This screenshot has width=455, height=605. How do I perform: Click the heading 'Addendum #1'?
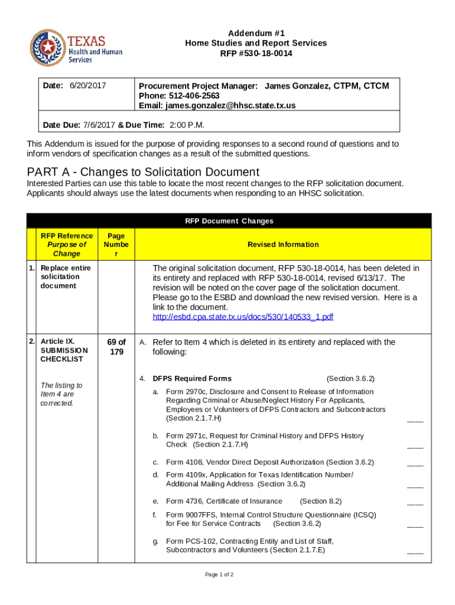255,33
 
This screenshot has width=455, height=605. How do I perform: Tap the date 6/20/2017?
88,86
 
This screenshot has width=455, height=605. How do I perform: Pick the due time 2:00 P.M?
187,125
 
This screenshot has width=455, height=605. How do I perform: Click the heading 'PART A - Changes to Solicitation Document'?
143,172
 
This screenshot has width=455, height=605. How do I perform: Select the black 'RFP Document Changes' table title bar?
229,221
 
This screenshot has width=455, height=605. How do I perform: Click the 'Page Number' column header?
116,244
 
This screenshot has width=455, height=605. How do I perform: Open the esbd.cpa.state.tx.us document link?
243,317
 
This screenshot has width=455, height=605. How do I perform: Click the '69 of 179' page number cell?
116,347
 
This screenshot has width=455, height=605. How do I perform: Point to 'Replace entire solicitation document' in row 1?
66,277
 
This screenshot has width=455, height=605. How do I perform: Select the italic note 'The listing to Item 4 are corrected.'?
61,394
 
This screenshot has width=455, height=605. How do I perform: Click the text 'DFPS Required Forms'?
192,379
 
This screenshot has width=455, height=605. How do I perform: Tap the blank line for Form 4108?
415,464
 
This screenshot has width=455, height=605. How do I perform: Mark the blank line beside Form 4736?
415,503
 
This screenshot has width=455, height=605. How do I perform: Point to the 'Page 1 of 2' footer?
219,574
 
